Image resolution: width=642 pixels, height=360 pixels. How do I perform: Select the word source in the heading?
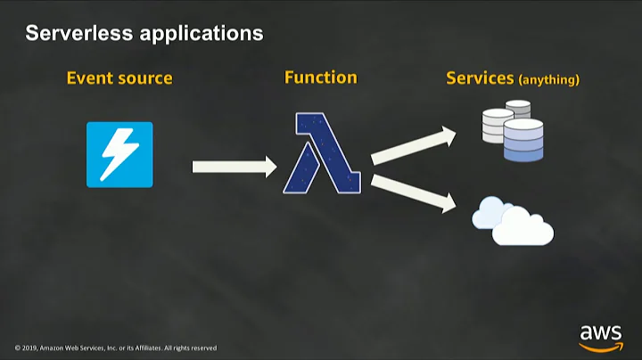tap(144, 79)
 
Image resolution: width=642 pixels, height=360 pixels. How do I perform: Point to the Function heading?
tap(320, 78)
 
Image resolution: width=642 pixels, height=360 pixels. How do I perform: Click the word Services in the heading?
tap(480, 78)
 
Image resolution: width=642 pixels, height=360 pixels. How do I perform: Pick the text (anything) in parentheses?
tap(549, 80)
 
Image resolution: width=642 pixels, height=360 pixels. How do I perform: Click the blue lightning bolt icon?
tap(119, 154)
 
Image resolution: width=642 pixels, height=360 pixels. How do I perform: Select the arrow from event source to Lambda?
tap(235, 166)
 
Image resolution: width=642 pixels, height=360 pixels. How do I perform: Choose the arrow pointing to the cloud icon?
tap(413, 192)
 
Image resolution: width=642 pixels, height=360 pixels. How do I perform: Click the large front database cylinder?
tap(523, 141)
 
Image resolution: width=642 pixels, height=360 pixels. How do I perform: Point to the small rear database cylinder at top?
tap(517, 108)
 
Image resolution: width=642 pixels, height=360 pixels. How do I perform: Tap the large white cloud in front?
tap(523, 230)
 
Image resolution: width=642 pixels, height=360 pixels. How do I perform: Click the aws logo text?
tap(600, 333)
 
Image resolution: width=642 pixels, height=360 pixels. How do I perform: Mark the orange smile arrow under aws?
tap(601, 347)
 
